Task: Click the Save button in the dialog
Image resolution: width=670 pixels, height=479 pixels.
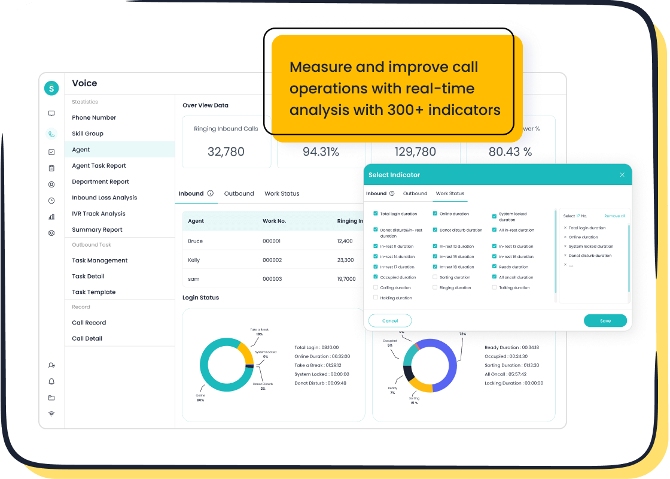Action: (605, 321)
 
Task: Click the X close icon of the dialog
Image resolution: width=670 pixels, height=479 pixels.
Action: (622, 175)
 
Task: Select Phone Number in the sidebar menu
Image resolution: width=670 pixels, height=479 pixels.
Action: (94, 118)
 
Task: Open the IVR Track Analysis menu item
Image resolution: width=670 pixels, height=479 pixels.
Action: (99, 214)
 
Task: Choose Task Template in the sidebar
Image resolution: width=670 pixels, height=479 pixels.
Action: (94, 292)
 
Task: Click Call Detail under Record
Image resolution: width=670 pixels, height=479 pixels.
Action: (87, 338)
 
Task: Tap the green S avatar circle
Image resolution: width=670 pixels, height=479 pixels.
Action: (51, 88)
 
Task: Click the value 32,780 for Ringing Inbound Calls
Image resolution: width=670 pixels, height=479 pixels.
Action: (226, 152)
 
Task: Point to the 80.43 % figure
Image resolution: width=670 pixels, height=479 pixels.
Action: (510, 152)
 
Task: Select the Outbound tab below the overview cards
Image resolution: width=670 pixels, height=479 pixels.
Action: (239, 193)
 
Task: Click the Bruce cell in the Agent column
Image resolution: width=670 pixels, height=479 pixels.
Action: (196, 241)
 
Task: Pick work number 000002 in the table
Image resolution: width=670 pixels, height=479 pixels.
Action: (272, 260)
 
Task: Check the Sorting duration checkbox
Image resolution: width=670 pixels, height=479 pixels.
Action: (435, 277)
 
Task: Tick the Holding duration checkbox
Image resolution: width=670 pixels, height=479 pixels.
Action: (376, 298)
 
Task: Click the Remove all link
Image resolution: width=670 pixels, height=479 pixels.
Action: (614, 216)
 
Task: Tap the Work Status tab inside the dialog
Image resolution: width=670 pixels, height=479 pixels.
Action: (450, 193)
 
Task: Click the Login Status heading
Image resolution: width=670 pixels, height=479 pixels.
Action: (200, 298)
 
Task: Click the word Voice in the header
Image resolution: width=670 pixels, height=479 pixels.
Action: (84, 84)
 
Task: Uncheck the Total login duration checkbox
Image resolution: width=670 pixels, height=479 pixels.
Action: (376, 214)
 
